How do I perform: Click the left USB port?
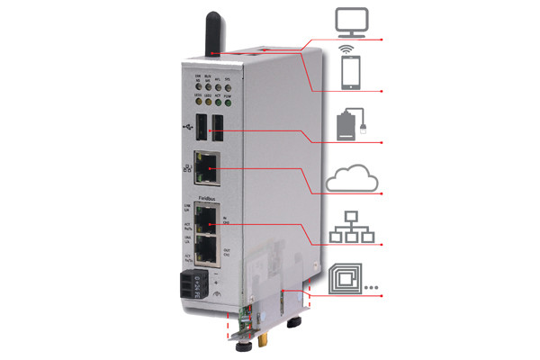pos(200,128)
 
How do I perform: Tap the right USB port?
pos(219,129)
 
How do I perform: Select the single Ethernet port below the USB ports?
pos(209,167)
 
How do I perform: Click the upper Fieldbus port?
pos(208,217)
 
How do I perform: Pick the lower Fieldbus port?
pos(208,248)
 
